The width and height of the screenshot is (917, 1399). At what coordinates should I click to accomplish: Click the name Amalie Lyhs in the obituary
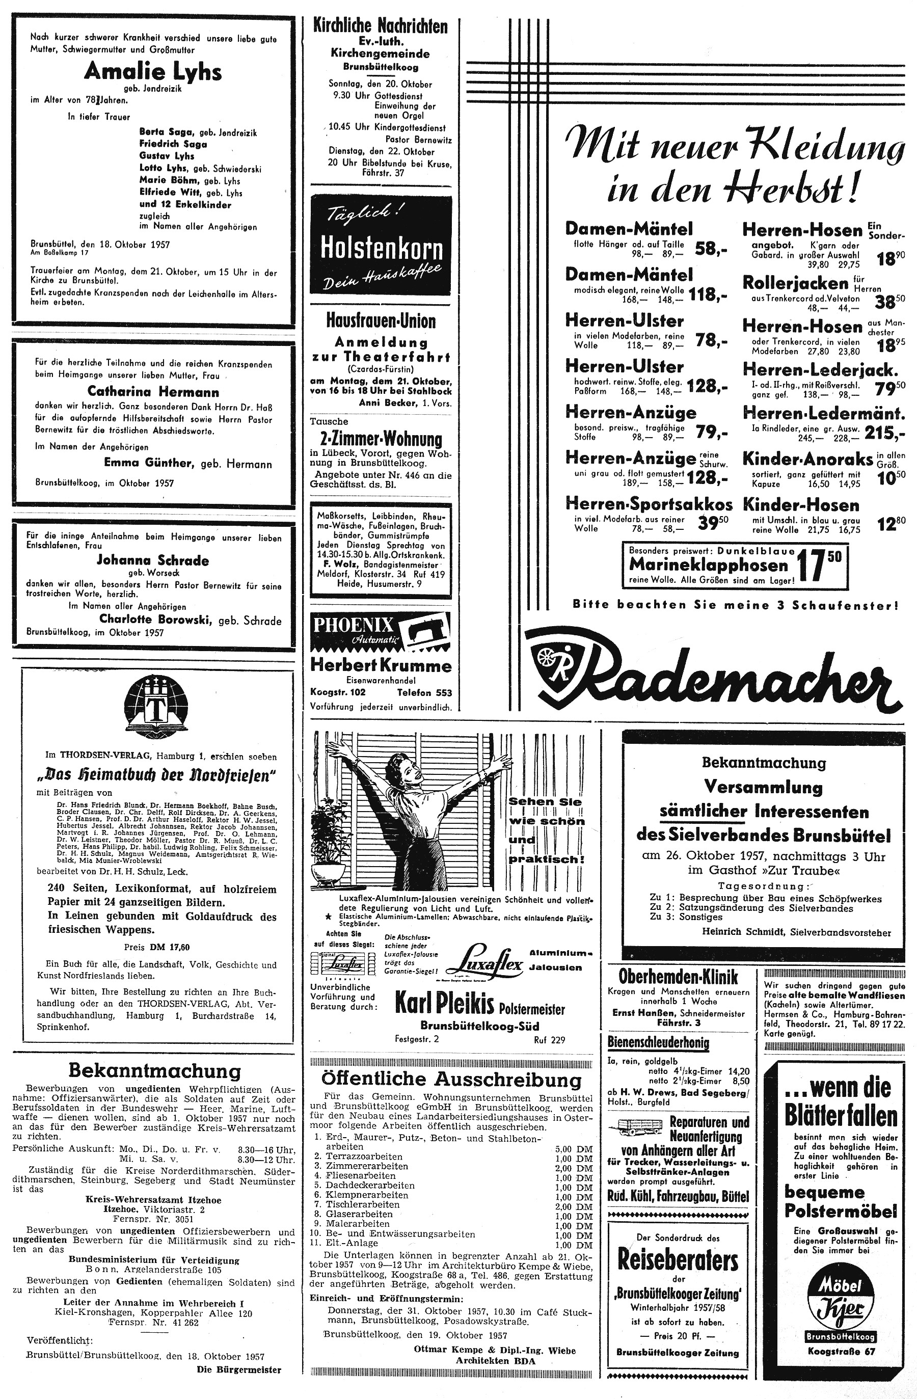click(153, 72)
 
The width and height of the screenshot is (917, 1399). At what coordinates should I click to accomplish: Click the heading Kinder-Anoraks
click(807, 459)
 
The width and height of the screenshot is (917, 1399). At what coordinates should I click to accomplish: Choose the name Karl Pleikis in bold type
click(444, 1005)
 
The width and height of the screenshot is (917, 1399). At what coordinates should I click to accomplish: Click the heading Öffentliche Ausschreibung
click(451, 1080)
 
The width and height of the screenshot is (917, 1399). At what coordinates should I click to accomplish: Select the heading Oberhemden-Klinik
click(678, 977)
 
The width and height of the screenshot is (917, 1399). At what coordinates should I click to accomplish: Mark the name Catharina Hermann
click(153, 391)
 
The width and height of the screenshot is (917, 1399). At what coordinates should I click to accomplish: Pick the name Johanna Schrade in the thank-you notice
click(153, 560)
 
